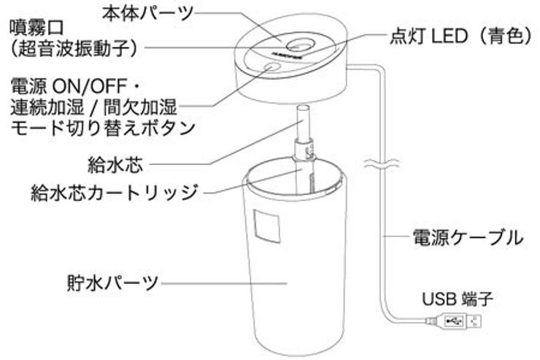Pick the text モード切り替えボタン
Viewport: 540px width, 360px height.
pyautogui.click(x=101, y=127)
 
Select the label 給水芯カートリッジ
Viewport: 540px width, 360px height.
pyautogui.click(x=115, y=194)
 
